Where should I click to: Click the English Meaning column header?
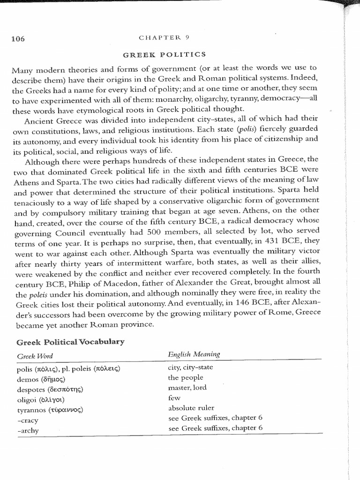click(x=194, y=355)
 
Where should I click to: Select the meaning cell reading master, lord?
click(x=187, y=388)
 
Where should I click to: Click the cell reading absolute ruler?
click(x=191, y=408)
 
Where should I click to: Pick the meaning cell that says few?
click(x=173, y=398)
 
